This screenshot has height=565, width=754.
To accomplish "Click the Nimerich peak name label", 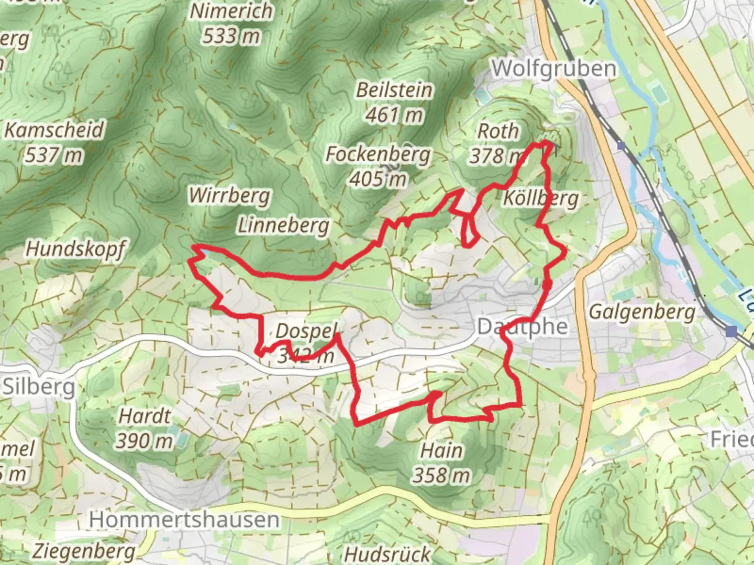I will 231,11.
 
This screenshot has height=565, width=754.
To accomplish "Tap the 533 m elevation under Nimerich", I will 231,36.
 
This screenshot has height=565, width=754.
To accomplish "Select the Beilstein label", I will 394,90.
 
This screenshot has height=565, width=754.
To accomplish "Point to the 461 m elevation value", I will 394,115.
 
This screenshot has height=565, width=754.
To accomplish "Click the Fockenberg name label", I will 378,154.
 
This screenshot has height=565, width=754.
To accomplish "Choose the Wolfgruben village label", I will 553,69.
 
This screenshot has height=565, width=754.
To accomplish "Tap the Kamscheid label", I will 54,130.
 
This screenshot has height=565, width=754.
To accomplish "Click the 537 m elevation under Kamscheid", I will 53,155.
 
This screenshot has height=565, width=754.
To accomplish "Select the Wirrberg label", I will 229,196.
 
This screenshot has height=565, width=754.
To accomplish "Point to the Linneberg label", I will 283,225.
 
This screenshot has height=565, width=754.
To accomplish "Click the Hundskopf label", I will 75,249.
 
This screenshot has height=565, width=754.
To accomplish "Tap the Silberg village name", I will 38,387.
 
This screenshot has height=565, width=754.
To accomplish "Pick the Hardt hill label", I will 145,416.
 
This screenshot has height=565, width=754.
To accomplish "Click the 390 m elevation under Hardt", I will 144,441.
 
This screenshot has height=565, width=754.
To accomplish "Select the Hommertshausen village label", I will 184,520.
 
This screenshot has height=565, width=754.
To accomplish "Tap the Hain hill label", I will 442,450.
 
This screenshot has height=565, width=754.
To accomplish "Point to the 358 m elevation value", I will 441,475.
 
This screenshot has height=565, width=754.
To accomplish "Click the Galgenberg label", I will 642,312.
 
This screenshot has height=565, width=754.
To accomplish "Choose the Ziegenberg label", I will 84,551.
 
